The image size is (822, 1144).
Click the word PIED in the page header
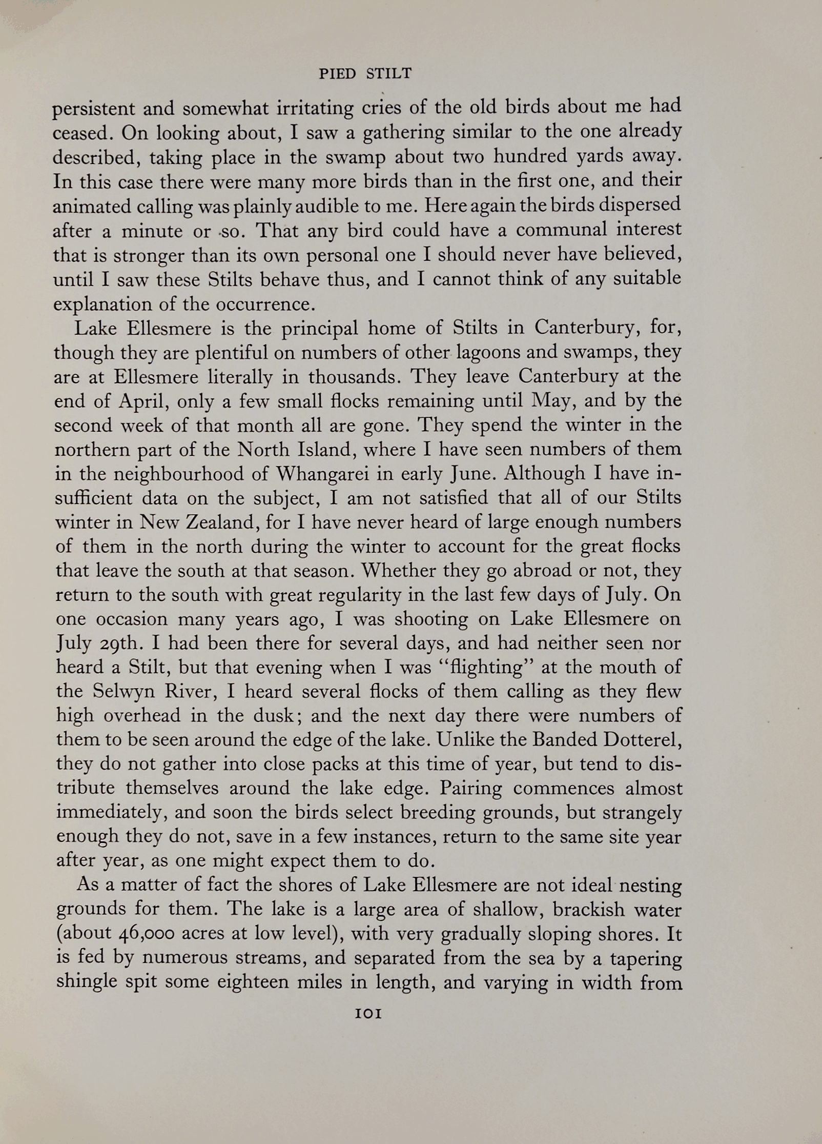337,74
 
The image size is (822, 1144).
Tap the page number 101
368,1014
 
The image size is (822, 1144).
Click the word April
141,400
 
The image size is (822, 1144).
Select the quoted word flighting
491,667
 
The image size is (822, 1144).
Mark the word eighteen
252,982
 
